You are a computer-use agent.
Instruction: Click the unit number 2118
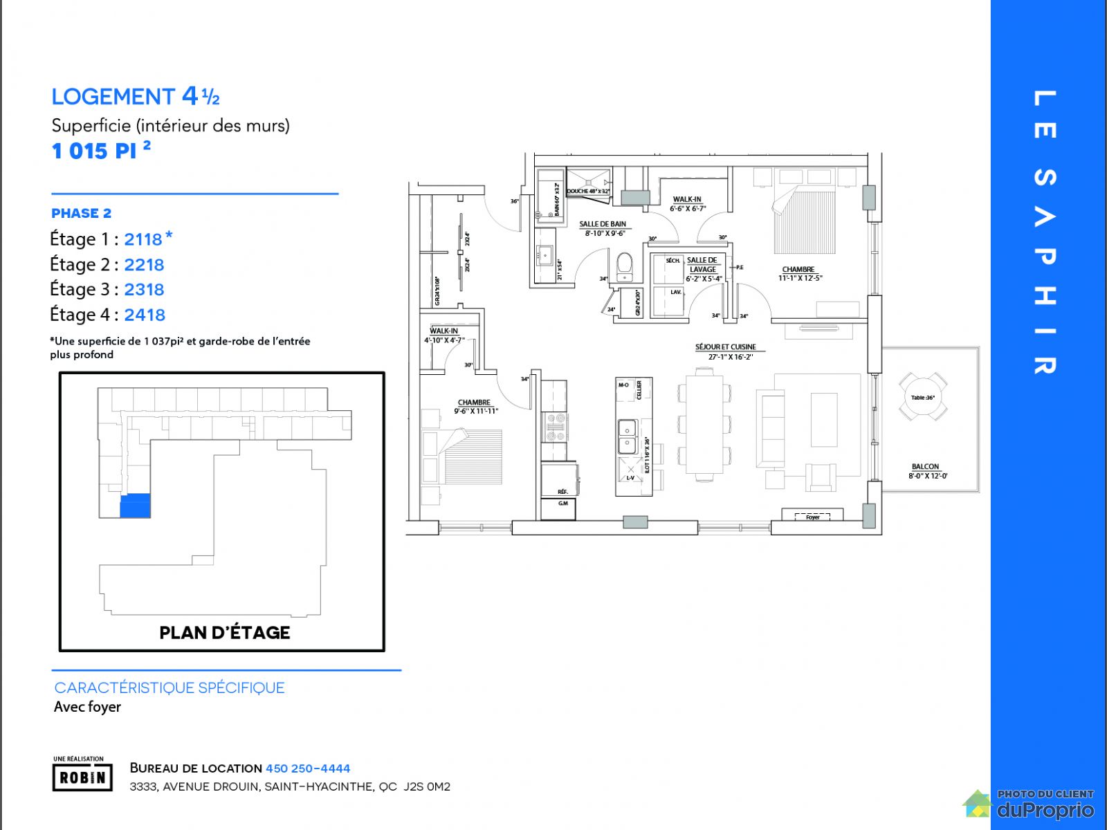(143, 239)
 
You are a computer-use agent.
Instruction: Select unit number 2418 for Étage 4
(145, 315)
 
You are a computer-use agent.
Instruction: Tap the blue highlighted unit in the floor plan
(135, 506)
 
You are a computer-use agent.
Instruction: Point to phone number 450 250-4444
(308, 768)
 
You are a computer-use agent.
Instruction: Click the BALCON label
(925, 467)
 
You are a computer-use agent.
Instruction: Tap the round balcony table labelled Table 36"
(923, 397)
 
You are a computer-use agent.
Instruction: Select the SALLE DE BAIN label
(603, 224)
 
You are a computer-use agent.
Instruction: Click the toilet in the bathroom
(624, 266)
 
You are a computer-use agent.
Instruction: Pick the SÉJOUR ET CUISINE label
(726, 347)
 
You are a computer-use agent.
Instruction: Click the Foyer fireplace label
(812, 517)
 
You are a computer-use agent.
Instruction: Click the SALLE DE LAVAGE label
(702, 265)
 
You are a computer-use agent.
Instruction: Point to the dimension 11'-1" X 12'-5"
(800, 278)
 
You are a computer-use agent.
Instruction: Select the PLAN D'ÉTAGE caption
(225, 632)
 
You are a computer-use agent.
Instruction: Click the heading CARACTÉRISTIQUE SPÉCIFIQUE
(170, 688)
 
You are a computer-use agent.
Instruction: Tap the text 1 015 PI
(94, 151)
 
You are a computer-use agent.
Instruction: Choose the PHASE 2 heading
(81, 213)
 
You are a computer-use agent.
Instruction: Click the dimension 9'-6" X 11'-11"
(475, 411)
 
